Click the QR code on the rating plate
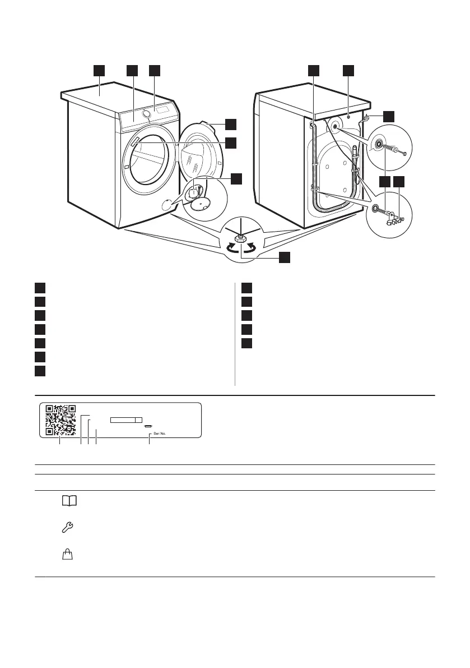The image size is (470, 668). [x=60, y=420]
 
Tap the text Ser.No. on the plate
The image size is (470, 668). [x=160, y=434]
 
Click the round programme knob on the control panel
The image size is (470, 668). [x=147, y=114]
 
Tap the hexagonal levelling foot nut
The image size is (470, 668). [x=241, y=238]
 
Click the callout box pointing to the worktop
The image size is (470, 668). [x=99, y=70]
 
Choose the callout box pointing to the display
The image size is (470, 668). [x=154, y=70]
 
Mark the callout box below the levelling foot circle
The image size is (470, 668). [x=285, y=257]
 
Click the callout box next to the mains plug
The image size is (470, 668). [x=388, y=117]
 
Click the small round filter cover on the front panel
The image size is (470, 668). [x=167, y=204]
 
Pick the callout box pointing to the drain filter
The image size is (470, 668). [x=236, y=178]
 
